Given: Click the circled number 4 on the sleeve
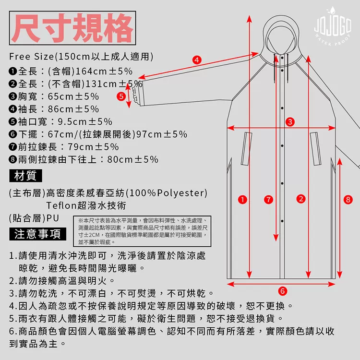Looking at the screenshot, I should pyautogui.click(x=196, y=60).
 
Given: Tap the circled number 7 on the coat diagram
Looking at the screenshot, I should pyautogui.click(x=268, y=199).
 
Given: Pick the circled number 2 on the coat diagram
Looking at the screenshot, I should pyautogui.click(x=301, y=199).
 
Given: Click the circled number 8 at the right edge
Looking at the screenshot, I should pyautogui.click(x=348, y=199).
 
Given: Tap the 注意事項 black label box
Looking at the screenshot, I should pyautogui.click(x=37, y=234).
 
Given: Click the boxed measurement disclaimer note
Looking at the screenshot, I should pyautogui.click(x=143, y=231).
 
